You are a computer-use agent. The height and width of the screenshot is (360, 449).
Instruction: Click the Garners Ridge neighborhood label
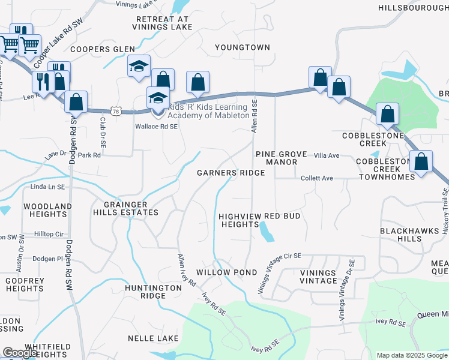[x=231, y=173]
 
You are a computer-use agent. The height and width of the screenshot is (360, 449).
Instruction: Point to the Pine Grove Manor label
[x=281, y=158]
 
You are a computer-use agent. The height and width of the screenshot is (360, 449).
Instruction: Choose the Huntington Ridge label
[x=153, y=292]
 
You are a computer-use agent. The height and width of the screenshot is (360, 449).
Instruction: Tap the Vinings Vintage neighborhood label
[x=318, y=277]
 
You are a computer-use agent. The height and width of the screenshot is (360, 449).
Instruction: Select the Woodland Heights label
[x=26, y=210]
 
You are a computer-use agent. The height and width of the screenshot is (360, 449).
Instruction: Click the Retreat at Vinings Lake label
[x=161, y=23]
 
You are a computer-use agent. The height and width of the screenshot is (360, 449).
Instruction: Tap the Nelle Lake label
[x=153, y=338]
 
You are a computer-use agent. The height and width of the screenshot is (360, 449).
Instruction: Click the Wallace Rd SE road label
[x=156, y=127]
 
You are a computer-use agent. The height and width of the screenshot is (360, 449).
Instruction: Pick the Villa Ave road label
[x=327, y=155]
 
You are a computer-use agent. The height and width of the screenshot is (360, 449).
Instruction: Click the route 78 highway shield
[x=116, y=111]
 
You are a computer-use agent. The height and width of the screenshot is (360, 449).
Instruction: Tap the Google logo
[x=20, y=353]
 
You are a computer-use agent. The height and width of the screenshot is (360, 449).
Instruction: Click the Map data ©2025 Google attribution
[x=412, y=355]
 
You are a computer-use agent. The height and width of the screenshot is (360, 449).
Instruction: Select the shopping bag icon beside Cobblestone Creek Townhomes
[x=421, y=161]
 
